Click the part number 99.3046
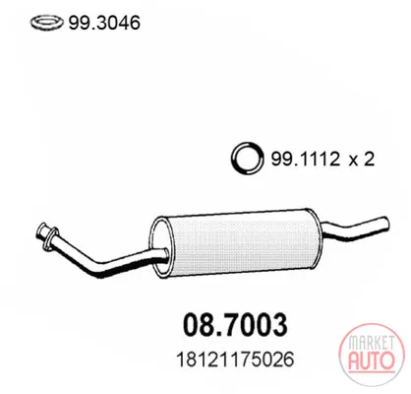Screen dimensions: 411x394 [104, 23]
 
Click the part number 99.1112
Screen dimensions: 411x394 [305, 160]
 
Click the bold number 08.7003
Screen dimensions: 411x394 [235, 325]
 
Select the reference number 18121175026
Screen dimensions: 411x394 [235, 360]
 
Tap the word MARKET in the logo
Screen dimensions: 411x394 [372, 343]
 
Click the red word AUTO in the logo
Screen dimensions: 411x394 [371, 361]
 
